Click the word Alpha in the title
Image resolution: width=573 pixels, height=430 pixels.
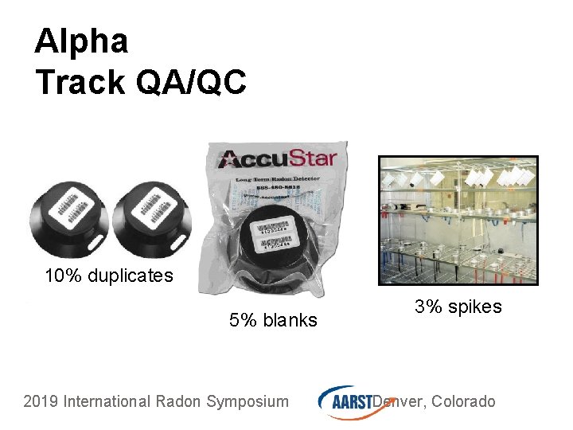coord(81,41)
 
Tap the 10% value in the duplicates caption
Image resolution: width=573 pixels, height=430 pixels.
coord(62,276)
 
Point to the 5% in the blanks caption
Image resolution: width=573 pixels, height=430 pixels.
coord(242,321)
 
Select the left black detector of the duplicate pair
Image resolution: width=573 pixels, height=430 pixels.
coord(67,217)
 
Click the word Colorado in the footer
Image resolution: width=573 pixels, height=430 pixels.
coord(464,401)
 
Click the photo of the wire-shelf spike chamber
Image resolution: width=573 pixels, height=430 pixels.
coord(458,220)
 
